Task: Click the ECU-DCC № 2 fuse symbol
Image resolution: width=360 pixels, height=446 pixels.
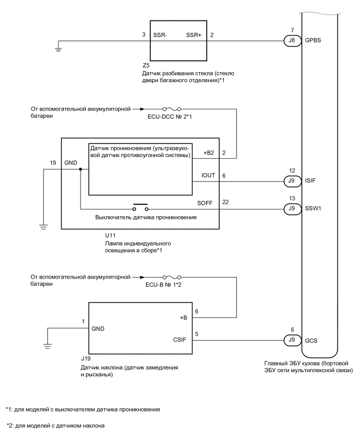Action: pos(173,110)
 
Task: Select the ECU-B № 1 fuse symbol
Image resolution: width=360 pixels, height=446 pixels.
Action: pos(173,276)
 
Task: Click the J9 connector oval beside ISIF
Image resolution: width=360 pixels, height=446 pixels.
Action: pos(289,181)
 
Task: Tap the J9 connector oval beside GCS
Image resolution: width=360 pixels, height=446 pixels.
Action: pos(289,340)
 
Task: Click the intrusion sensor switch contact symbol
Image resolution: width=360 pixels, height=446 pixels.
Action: pos(140,207)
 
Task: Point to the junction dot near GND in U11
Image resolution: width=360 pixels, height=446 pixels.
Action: pos(80,170)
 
